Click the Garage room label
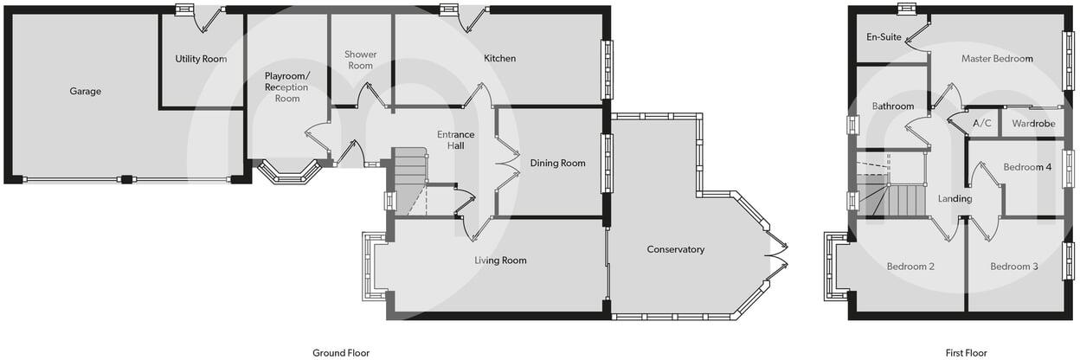point(86,91)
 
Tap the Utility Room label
point(201,59)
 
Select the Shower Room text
point(360,60)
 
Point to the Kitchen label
point(499,59)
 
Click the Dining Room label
point(557,163)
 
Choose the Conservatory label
point(675,249)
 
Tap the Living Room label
point(500,260)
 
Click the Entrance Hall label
point(455,139)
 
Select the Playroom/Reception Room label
point(286,87)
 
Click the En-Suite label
point(884,37)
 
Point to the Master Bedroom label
point(997,59)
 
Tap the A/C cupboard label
point(981,124)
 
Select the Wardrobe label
point(1033,124)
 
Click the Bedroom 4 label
point(1027,167)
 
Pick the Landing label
point(955,199)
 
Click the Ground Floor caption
point(341,352)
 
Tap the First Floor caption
point(966,352)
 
